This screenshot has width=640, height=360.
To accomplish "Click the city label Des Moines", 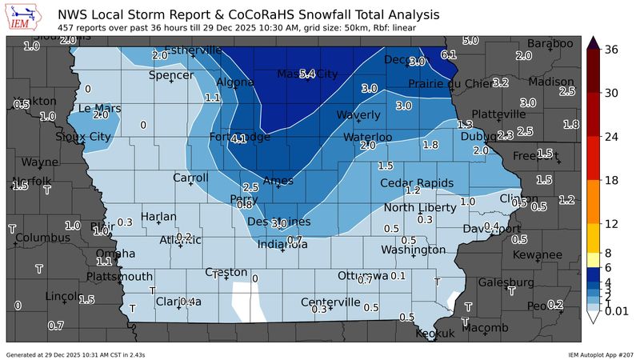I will (x=279, y=222).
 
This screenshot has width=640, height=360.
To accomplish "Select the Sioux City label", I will (x=82, y=137).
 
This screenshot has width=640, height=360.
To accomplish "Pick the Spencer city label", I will (x=171, y=75).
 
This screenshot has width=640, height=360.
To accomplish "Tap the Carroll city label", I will (x=190, y=178).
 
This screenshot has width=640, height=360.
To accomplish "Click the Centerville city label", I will (x=330, y=302).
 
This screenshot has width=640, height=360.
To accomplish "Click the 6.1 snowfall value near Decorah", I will (x=449, y=54).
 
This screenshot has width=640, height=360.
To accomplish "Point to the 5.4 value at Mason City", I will (x=307, y=74).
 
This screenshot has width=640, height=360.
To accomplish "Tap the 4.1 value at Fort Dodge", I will (x=238, y=139).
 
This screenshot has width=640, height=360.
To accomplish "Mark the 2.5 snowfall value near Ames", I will (x=250, y=186).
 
